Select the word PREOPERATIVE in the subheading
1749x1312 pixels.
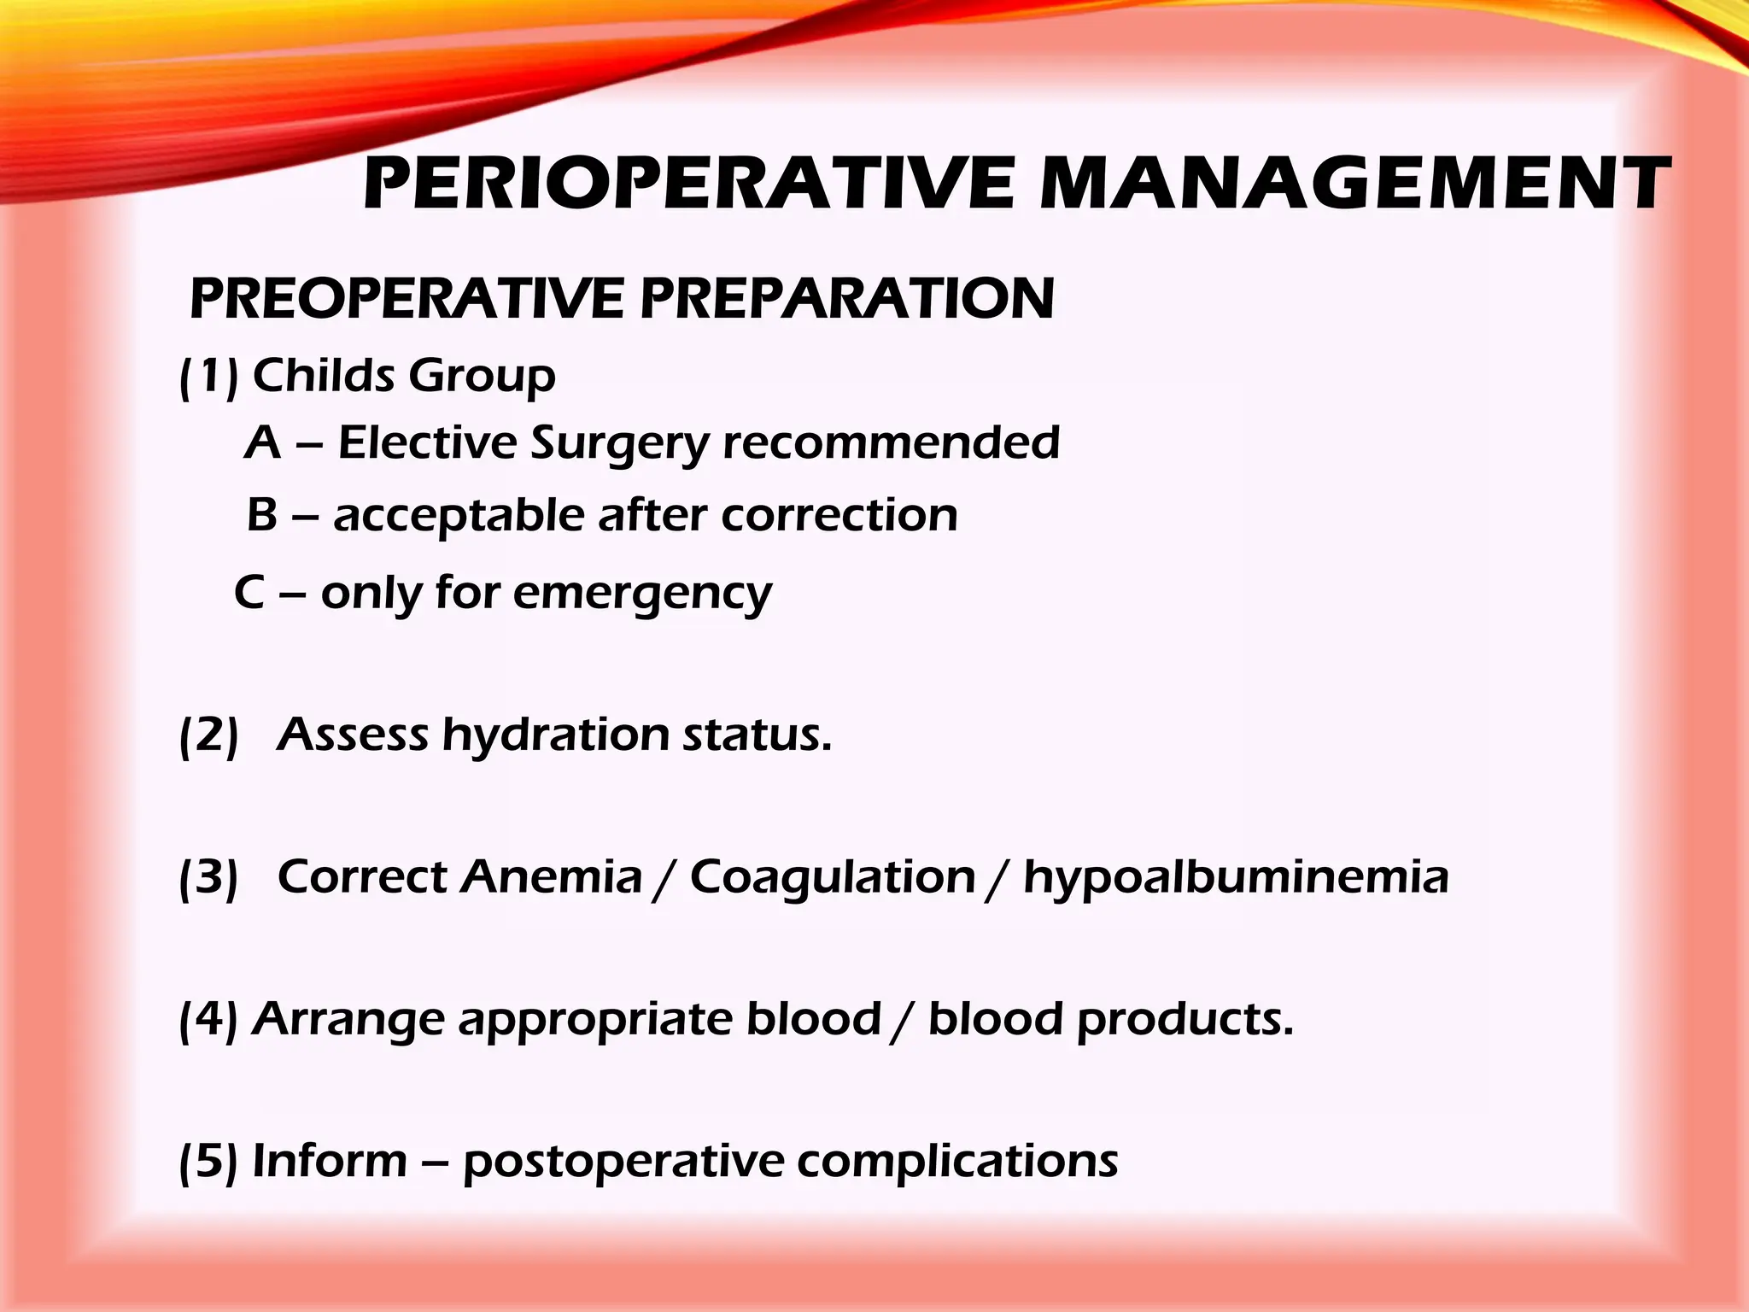point(407,298)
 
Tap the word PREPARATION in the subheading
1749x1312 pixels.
point(847,298)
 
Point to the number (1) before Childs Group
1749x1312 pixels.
point(208,377)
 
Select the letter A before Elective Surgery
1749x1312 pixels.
point(262,443)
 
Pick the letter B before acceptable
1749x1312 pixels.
point(262,516)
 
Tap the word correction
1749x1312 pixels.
point(839,516)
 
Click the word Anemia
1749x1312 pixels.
point(551,877)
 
